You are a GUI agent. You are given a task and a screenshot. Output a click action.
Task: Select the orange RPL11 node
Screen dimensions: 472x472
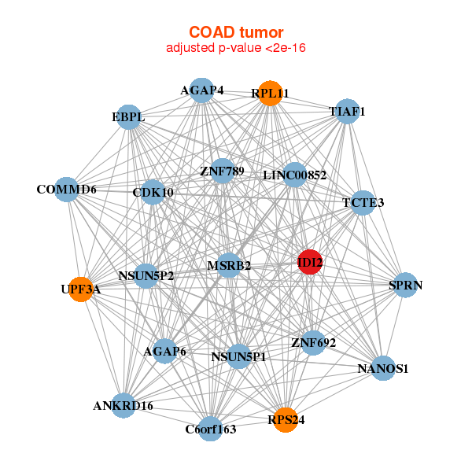[x=270, y=94]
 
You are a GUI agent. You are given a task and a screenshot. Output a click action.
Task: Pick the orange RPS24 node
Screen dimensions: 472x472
[x=286, y=420]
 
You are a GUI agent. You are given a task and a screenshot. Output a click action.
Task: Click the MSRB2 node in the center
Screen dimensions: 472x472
[x=229, y=266]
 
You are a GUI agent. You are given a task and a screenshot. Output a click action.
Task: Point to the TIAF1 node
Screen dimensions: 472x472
[x=347, y=112]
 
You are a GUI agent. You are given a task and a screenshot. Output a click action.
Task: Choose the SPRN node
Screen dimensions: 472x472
[x=405, y=285]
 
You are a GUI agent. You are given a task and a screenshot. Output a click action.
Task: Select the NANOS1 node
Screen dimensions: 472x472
[x=382, y=368]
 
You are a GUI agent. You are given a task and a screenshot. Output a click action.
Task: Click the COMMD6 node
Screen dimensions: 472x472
[x=67, y=190]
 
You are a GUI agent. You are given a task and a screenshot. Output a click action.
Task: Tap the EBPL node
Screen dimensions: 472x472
[x=127, y=118]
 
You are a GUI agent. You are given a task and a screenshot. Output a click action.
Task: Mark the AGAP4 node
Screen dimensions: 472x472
[x=202, y=90]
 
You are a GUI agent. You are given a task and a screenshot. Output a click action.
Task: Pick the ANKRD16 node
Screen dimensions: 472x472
[x=123, y=406]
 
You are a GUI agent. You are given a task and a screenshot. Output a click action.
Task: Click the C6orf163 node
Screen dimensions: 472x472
[x=210, y=429]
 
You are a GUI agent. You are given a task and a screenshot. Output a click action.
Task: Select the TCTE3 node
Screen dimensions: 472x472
[x=363, y=203]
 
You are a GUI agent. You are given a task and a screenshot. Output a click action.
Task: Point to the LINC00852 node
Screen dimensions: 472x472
[x=294, y=175]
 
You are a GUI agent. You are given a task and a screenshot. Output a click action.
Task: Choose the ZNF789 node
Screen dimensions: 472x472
[x=223, y=171]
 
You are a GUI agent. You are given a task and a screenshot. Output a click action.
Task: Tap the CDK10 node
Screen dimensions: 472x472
[x=153, y=192]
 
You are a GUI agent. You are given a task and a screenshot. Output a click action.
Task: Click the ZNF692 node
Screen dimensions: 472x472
[x=313, y=342]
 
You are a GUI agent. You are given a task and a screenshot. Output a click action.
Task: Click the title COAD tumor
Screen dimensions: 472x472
[x=236, y=32]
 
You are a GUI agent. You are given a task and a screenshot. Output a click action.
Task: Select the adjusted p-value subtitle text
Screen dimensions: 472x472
[x=236, y=48]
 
